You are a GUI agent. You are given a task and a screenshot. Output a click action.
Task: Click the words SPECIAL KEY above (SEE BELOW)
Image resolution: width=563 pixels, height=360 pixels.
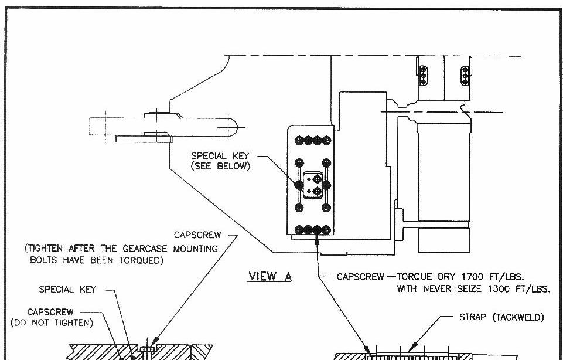(220, 156)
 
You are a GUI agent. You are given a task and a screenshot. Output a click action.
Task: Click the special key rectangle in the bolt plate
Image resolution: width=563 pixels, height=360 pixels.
(312, 185)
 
